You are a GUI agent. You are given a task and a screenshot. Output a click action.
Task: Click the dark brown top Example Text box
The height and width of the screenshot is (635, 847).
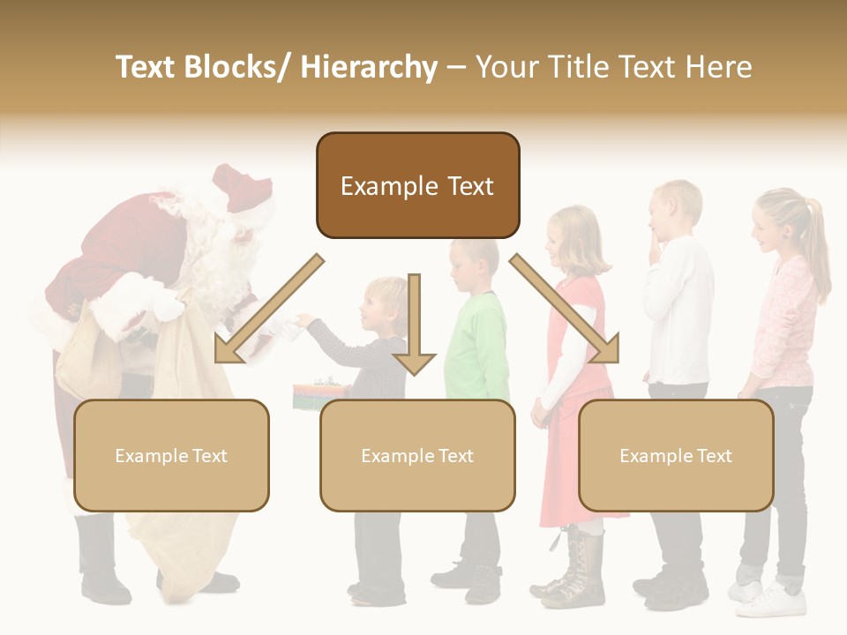click(x=417, y=185)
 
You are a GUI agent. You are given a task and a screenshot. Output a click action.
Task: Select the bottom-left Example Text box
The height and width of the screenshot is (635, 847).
click(x=171, y=455)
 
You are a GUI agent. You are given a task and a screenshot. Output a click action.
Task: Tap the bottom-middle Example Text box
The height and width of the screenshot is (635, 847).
click(x=417, y=455)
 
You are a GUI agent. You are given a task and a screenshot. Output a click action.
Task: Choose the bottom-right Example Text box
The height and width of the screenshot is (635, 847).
click(x=676, y=455)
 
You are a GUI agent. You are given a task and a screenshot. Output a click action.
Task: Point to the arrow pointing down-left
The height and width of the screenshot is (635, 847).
click(x=265, y=309)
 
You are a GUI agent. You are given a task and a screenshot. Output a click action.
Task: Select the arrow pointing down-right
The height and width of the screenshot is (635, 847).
click(x=565, y=309)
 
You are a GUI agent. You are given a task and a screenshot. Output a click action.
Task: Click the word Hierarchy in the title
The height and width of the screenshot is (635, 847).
click(x=369, y=67)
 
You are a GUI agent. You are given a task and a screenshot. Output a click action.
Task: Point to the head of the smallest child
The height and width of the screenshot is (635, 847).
click(x=386, y=300)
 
